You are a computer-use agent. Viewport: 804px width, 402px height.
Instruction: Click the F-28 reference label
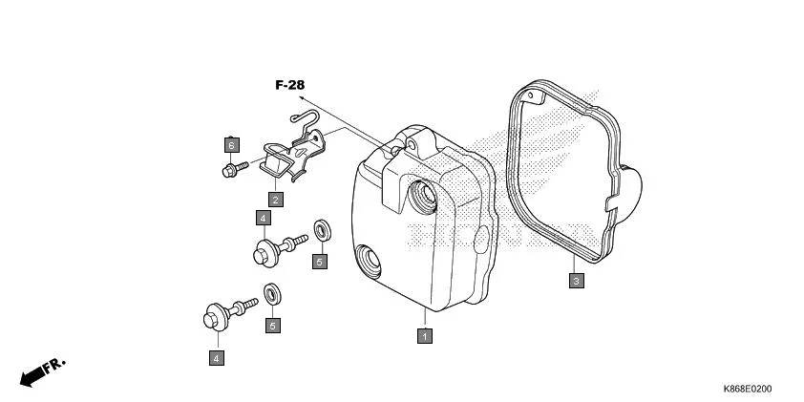289,85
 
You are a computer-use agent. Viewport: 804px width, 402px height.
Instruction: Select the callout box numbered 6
232,145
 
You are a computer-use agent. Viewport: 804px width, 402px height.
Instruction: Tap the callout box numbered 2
275,200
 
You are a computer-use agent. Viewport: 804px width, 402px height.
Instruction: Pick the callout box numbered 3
577,281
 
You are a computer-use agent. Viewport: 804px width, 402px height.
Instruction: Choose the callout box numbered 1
425,336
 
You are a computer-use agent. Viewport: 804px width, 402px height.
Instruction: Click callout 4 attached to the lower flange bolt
217,358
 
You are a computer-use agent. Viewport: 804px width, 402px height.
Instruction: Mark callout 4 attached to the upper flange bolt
263,218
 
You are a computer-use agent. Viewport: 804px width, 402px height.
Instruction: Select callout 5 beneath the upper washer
320,262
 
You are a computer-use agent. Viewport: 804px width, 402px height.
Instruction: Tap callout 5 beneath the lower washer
273,325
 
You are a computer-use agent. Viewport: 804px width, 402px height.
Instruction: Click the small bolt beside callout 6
235,169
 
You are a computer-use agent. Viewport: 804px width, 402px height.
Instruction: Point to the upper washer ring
322,230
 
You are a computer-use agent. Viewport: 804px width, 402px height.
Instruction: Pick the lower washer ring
272,294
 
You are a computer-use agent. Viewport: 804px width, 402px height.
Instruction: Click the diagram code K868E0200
747,389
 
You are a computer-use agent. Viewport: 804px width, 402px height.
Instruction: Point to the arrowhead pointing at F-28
301,97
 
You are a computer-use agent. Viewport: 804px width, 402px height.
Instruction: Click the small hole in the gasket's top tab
531,95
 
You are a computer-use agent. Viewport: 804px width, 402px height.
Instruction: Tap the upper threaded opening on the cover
424,197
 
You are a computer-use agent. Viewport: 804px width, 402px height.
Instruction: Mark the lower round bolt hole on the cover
369,261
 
